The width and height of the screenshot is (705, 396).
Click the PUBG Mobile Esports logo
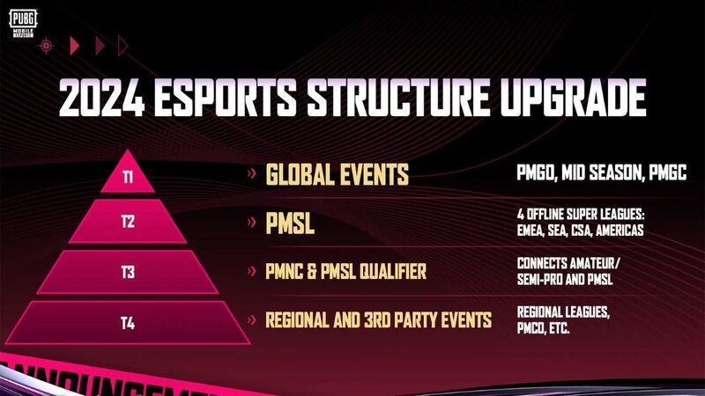click(23, 24)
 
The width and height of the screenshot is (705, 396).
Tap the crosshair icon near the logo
click(46, 46)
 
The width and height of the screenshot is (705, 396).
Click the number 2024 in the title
click(102, 98)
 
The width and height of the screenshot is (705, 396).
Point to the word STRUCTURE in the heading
click(398, 98)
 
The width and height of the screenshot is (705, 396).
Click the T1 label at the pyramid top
click(128, 177)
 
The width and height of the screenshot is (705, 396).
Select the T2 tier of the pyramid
click(128, 222)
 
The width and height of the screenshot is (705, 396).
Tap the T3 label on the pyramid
click(128, 272)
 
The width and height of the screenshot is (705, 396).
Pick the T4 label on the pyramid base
click(128, 323)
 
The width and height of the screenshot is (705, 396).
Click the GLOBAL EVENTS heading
click(338, 174)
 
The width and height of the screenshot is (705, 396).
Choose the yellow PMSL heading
click(290, 223)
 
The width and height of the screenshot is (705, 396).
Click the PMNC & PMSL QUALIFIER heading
click(345, 271)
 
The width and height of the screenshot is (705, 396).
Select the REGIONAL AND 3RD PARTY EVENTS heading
click(379, 320)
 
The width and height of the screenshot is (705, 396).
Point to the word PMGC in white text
click(668, 172)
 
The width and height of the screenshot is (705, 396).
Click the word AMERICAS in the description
click(620, 231)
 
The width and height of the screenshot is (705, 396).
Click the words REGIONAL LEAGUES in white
click(563, 312)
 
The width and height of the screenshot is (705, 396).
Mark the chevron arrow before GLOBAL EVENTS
click(252, 172)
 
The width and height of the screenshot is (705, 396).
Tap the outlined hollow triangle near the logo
click(122, 46)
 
